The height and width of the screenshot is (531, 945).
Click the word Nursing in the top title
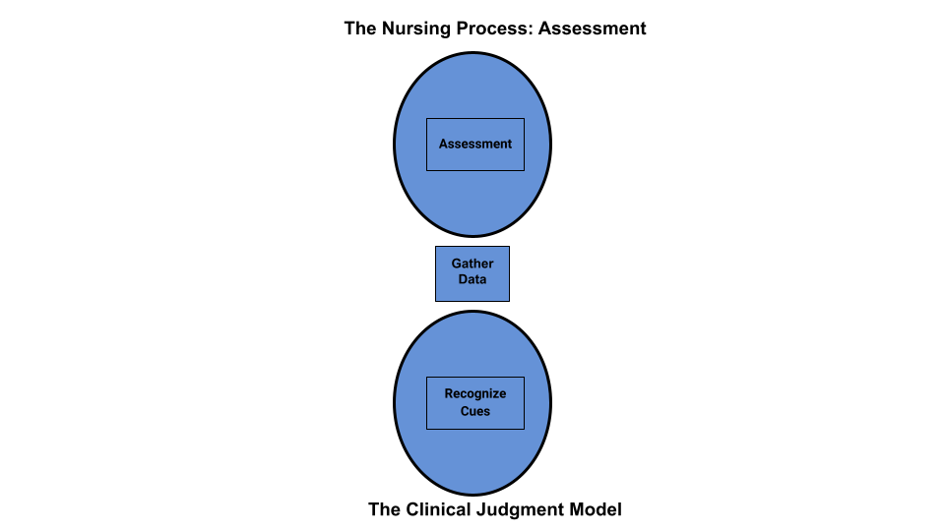pos(411,29)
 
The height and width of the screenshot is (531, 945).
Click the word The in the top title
pos(360,29)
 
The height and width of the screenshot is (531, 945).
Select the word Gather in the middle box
pos(472,264)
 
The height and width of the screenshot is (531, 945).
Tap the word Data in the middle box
pos(472,280)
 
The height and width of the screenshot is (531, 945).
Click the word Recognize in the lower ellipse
pos(474,394)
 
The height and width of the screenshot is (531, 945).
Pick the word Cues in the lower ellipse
pos(474,412)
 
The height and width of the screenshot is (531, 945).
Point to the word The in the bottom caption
pos(385,509)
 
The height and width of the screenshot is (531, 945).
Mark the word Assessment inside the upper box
pos(475,145)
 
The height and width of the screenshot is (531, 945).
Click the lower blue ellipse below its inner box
pos(472,462)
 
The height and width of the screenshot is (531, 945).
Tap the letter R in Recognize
pos(449,394)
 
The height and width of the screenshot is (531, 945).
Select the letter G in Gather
pos(456,264)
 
